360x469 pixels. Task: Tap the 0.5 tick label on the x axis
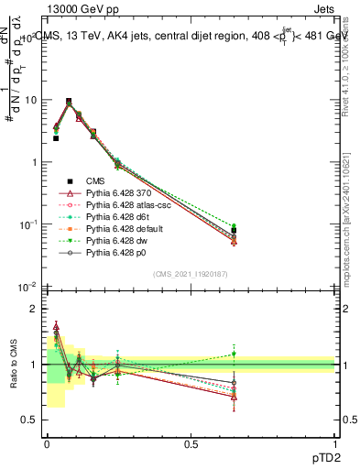[x=191, y=443]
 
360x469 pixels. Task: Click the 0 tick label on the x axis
[x=47, y=443]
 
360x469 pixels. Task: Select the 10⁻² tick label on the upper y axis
[x=27, y=288]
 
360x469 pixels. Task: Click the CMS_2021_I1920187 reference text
[x=191, y=274]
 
